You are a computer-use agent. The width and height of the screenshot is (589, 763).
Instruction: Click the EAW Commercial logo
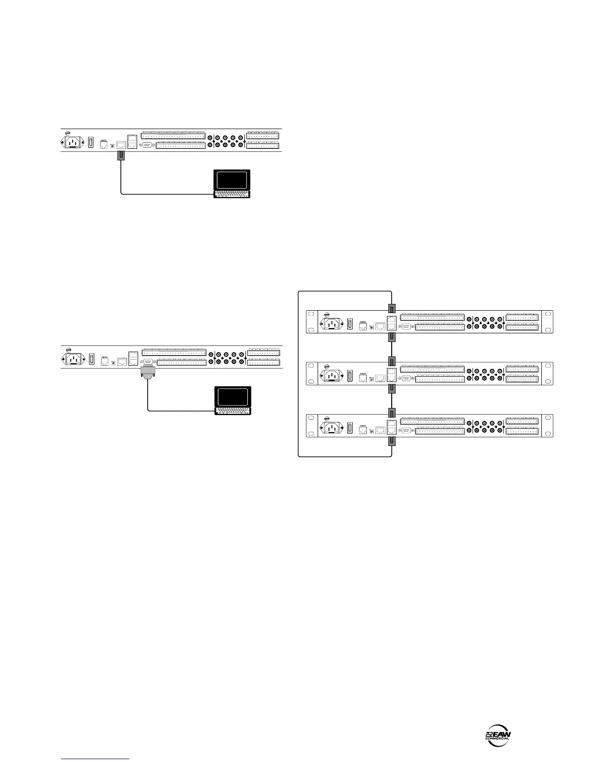(498, 736)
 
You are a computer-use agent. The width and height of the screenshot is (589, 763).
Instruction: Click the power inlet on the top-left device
(71, 143)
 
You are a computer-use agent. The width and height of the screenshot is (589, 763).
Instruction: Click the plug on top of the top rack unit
(392, 308)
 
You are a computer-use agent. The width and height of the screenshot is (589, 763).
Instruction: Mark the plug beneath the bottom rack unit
(392, 442)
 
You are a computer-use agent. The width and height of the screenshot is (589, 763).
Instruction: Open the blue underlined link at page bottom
(96, 759)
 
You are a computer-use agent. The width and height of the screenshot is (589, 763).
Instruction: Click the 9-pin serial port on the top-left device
(148, 145)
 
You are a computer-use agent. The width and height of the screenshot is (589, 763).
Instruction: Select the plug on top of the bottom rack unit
(392, 413)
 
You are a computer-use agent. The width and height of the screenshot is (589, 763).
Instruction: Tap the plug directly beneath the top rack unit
(392, 336)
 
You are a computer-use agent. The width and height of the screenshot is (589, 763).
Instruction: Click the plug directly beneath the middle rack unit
(392, 389)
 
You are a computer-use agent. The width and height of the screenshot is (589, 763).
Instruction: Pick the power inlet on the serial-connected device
(72, 359)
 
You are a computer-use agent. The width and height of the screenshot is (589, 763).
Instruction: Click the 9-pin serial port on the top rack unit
(406, 327)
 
